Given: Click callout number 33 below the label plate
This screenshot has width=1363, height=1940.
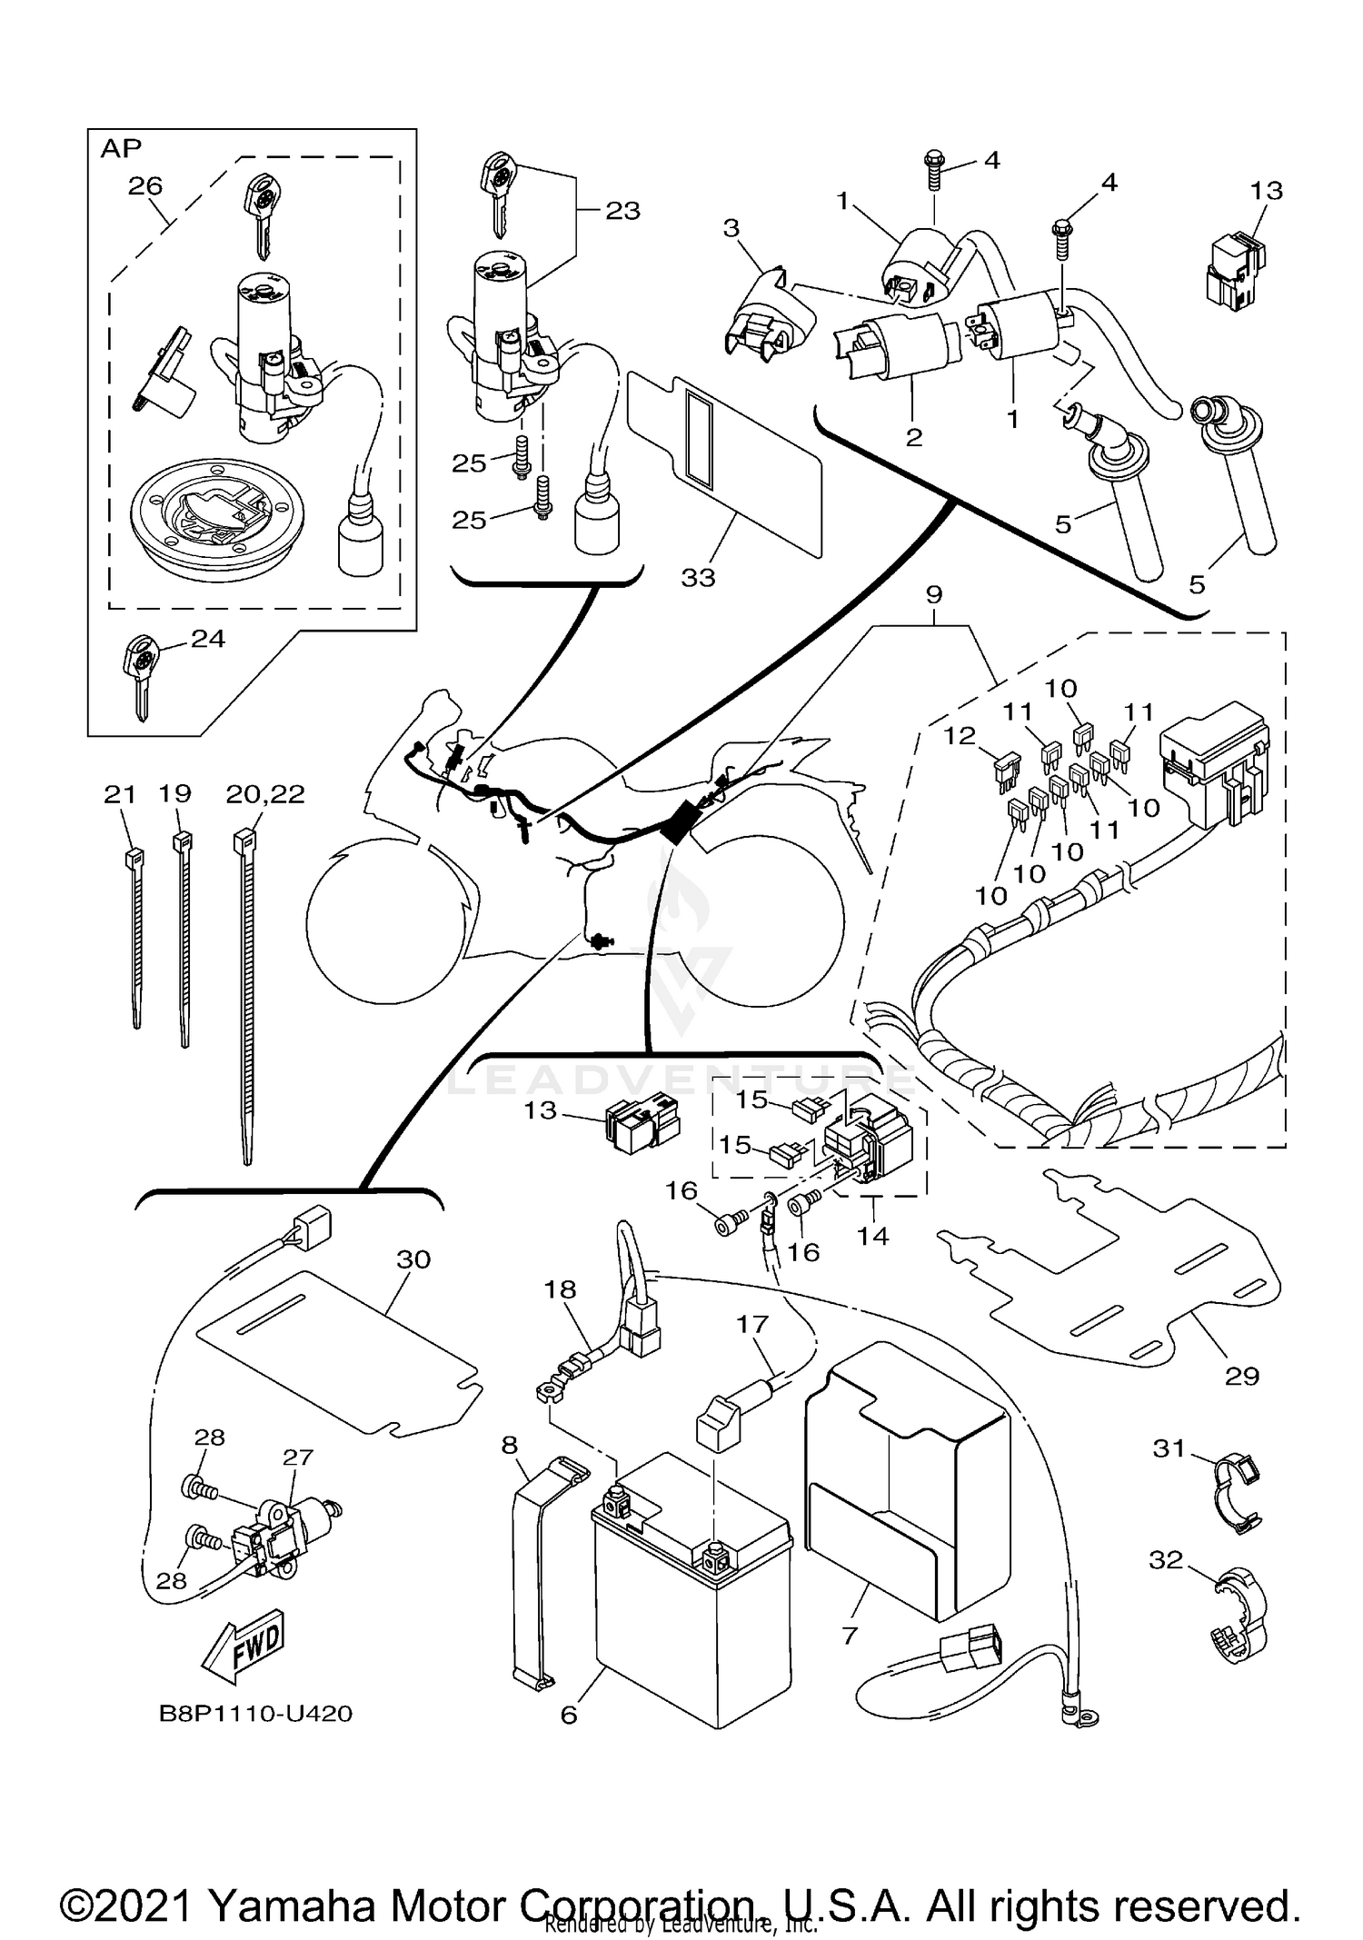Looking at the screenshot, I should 698,578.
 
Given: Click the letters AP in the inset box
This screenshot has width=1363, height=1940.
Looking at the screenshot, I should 120,149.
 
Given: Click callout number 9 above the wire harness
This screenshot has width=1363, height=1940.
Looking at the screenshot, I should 933,595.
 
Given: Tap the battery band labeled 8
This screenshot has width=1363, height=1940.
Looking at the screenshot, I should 536,1572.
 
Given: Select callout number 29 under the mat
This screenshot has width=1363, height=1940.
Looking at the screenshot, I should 1241,1376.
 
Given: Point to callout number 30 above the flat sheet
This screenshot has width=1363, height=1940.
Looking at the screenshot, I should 413,1259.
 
